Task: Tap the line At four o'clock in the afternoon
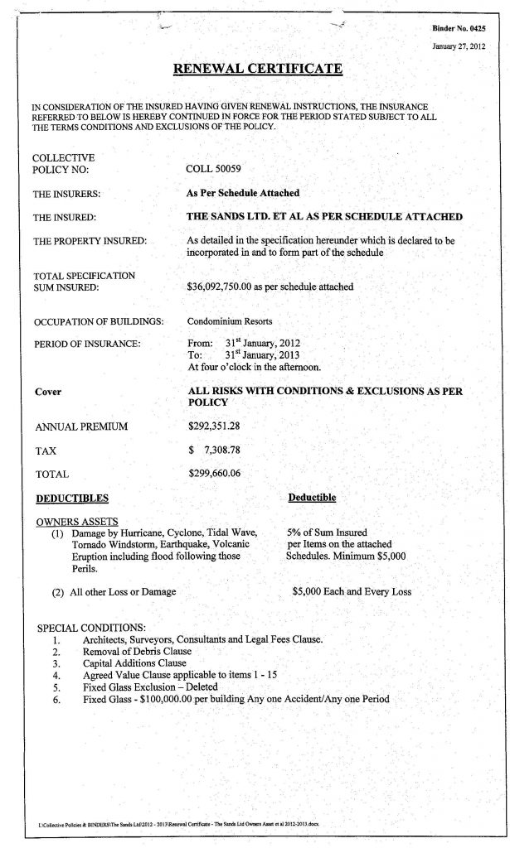[248, 364]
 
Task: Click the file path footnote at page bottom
[177, 826]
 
